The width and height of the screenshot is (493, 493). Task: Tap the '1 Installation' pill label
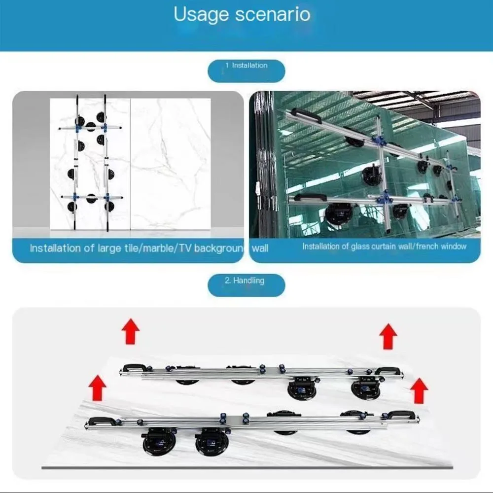pos(246,66)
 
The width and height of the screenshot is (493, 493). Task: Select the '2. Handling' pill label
pos(245,281)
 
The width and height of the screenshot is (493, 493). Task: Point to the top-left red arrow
pos(131,331)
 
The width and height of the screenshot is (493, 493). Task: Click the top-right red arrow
pos(388,337)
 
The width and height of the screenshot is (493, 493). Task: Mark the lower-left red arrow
pos(98,387)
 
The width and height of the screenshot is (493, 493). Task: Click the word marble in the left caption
pos(158,248)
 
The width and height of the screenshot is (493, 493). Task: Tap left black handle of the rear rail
pos(134,368)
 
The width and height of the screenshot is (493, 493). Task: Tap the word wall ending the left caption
pos(260,248)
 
